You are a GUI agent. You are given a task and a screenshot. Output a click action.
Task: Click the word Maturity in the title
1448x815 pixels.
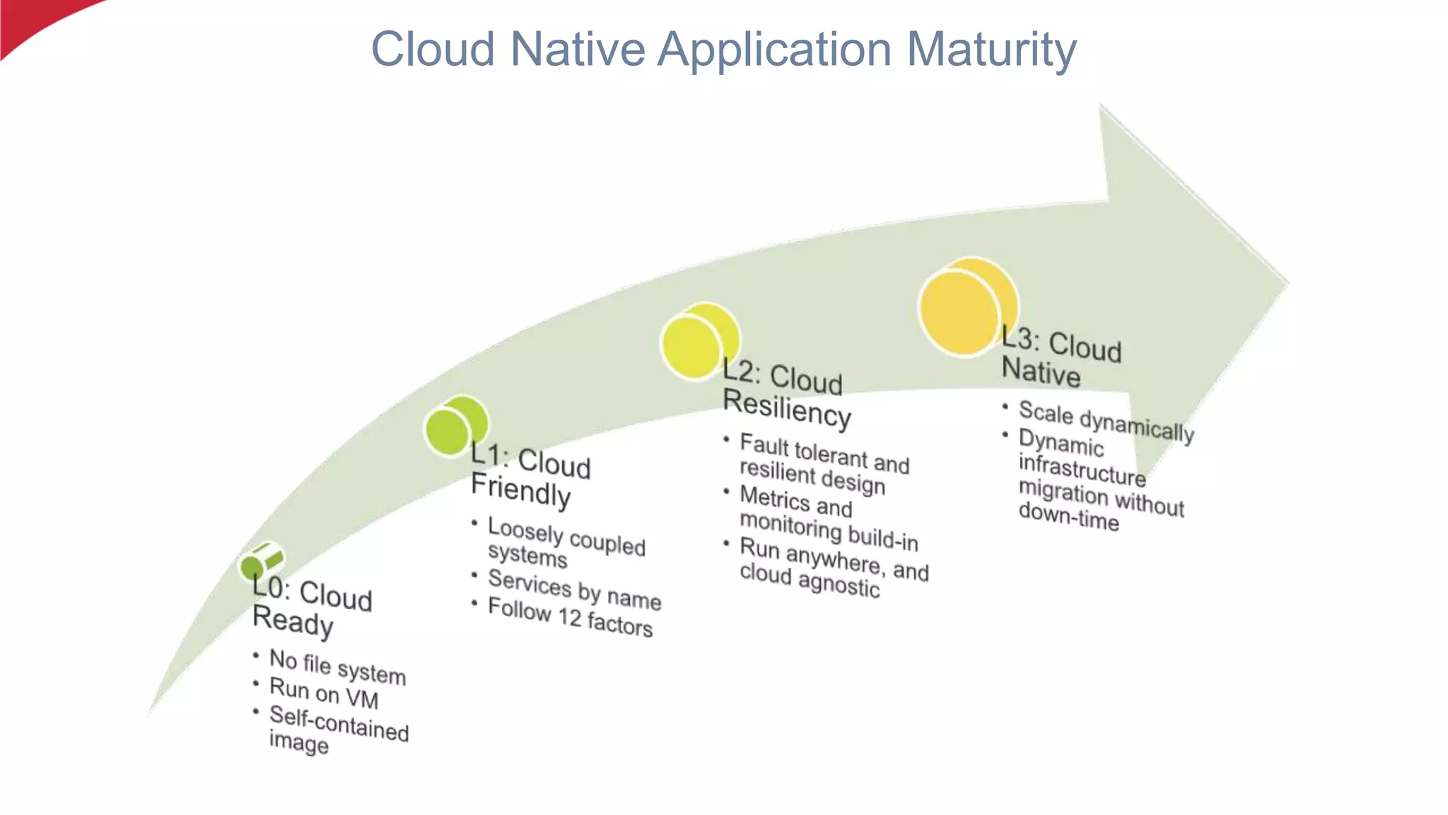(991, 50)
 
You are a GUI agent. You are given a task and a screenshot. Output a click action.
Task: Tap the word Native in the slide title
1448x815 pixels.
(578, 50)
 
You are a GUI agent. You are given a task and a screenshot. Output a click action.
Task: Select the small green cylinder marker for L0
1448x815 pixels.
(261, 562)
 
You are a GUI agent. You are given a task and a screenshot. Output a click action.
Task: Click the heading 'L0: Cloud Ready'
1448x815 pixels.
(311, 607)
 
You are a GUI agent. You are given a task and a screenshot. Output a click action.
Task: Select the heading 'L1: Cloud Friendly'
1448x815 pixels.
(530, 476)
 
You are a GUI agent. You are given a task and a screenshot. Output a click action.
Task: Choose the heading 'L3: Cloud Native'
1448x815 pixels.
(1060, 359)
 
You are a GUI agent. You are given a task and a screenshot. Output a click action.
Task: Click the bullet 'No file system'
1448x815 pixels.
(337, 666)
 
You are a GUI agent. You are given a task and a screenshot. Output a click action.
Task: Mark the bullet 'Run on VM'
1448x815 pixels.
(324, 693)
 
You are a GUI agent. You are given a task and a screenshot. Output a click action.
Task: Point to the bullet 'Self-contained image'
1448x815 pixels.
(338, 729)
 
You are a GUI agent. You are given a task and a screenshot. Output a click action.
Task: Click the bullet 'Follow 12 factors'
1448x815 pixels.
(570, 616)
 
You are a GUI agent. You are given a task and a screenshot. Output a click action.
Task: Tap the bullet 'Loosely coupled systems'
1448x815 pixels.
(566, 542)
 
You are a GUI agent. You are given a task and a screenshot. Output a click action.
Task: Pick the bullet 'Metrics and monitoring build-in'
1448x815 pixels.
(828, 518)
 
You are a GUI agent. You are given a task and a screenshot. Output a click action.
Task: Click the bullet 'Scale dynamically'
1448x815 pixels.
(1106, 421)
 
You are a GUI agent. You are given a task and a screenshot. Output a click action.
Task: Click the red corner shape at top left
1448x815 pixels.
(35, 21)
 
